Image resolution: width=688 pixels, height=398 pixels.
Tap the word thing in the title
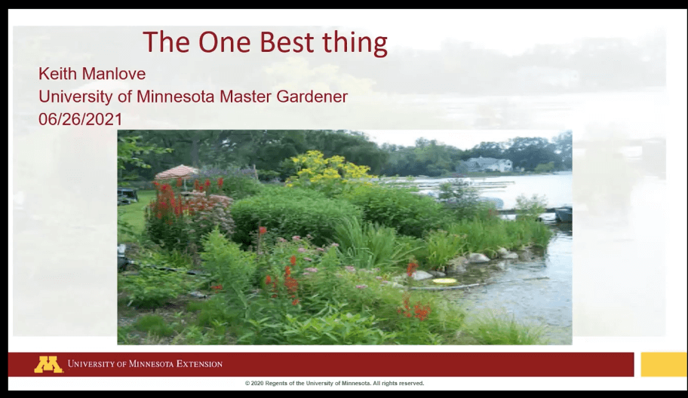coord(355,44)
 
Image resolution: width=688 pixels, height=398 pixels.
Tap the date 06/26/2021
coord(80,119)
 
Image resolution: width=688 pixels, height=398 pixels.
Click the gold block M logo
coord(48,364)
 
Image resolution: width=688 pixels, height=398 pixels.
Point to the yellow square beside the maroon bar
coord(663,364)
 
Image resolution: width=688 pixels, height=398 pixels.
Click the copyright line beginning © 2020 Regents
coord(334,384)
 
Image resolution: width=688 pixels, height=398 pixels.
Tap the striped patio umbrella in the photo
coord(176,173)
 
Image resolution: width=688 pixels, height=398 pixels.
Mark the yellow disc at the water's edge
coord(444,282)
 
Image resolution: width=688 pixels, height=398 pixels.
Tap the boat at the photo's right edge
coord(563,214)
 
